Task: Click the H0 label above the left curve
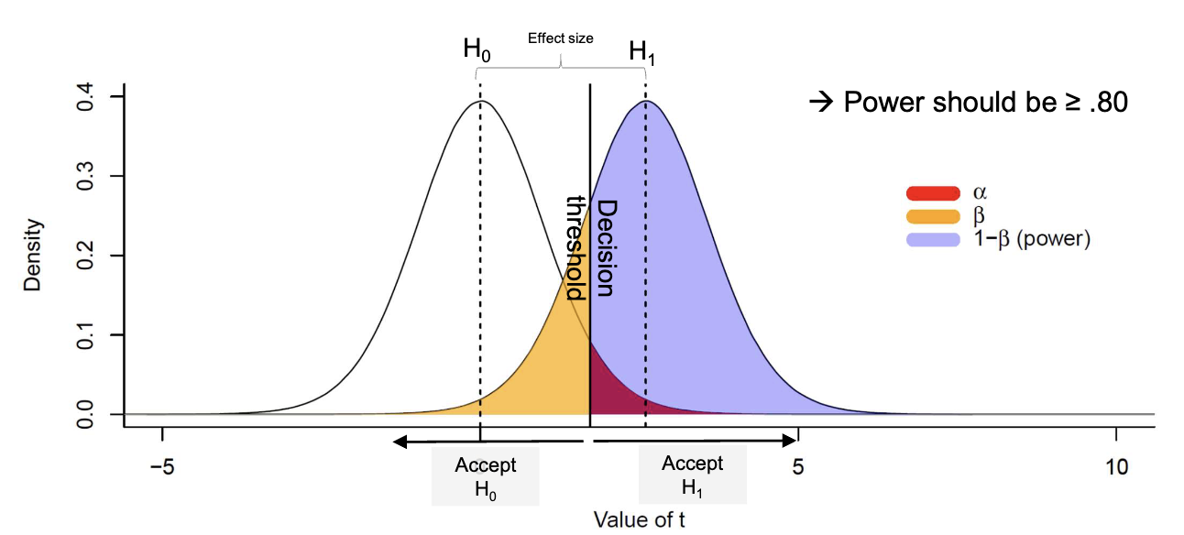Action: click(477, 51)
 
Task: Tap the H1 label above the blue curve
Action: click(642, 53)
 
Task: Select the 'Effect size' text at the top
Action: click(560, 38)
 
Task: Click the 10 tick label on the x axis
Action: click(1115, 464)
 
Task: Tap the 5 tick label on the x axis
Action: click(798, 464)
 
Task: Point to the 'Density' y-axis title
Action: click(33, 256)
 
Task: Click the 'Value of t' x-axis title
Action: click(639, 520)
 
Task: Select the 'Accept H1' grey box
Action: click(693, 475)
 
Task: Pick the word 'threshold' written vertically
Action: click(576, 248)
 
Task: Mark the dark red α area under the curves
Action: click(608, 385)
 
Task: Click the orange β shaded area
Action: click(550, 366)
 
